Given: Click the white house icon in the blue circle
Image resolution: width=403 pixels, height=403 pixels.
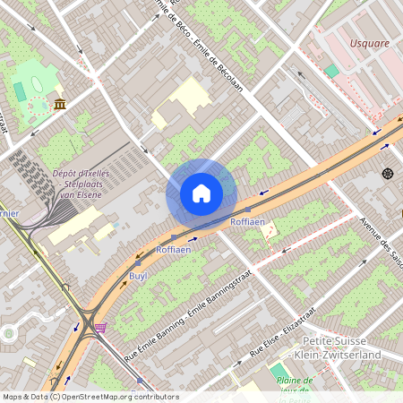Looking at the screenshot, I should [x=201, y=193].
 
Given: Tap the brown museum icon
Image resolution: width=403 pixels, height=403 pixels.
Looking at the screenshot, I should [x=59, y=105].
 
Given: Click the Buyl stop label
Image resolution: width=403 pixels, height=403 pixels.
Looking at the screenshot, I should [x=138, y=276].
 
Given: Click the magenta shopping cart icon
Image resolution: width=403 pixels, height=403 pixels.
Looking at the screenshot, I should [x=100, y=328].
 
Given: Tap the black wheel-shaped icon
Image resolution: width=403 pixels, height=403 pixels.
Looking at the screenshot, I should [x=387, y=172].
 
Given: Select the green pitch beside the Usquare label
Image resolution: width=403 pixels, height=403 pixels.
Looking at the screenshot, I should [x=332, y=70].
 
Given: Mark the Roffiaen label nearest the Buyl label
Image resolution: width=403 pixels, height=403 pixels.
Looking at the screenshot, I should [x=174, y=250].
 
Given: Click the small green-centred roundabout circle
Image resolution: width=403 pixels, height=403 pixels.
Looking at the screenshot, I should [x=9, y=333].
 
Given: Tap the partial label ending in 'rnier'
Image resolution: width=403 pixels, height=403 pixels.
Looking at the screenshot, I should [x=10, y=213].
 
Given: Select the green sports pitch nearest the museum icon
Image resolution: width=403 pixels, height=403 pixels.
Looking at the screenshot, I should [x=20, y=90].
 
